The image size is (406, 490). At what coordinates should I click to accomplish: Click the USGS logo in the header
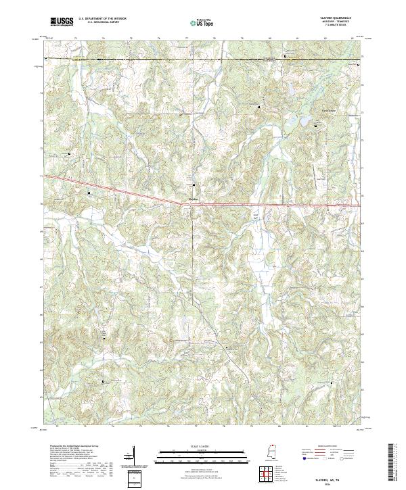(x=62, y=22)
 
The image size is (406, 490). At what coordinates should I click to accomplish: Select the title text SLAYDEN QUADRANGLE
(x=336, y=18)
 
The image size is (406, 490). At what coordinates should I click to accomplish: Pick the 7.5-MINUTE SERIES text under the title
(x=336, y=26)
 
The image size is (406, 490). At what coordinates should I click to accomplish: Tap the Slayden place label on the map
(x=193, y=199)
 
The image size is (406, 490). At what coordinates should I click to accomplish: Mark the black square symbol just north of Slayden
(x=194, y=185)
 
